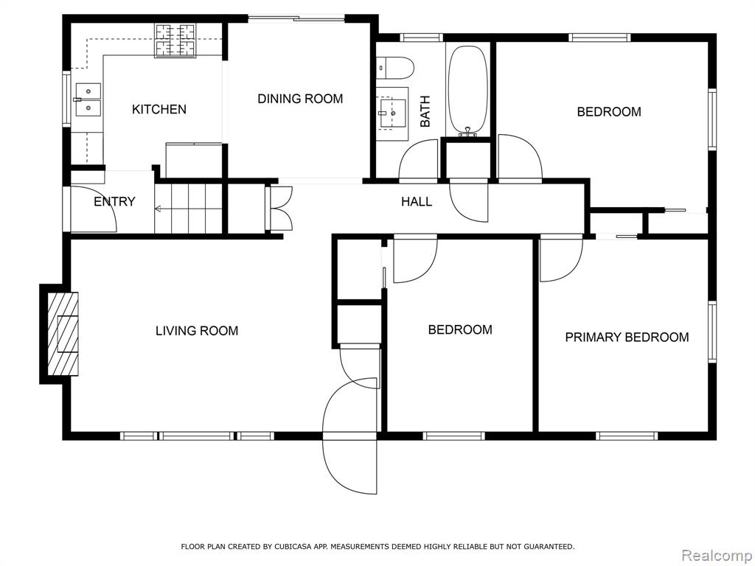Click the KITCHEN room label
point(159,109)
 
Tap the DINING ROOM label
point(300,99)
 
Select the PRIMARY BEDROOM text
point(627,337)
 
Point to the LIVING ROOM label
point(197,331)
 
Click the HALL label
point(417,201)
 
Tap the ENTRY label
point(114,201)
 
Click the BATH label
point(425,112)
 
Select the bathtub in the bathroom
point(467,90)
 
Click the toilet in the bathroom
point(395,68)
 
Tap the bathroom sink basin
point(392,113)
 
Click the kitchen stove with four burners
point(175,40)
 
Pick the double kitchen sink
point(88,99)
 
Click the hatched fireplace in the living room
point(63,334)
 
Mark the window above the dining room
point(296,18)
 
